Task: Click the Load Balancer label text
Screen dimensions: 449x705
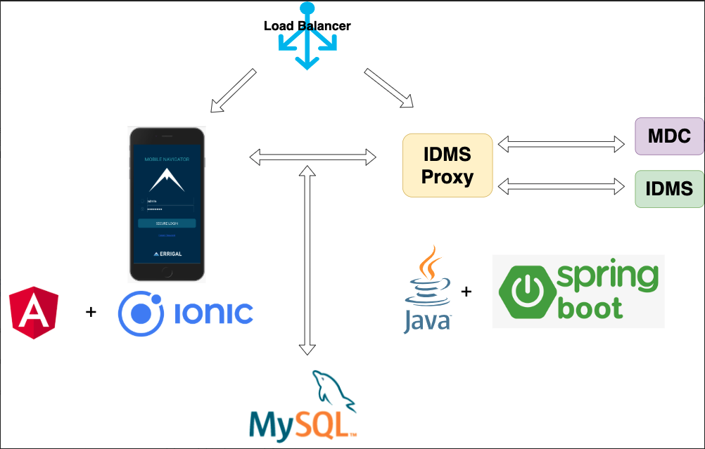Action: [x=307, y=26]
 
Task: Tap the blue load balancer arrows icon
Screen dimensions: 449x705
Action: [x=307, y=49]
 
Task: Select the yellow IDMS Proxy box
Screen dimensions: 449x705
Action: [x=447, y=165]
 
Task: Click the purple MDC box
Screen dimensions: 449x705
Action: [x=668, y=136]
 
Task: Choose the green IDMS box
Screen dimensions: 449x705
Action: [x=669, y=188]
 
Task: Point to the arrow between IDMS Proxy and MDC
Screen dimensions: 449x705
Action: [x=561, y=145]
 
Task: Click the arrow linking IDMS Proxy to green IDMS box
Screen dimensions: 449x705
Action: [x=561, y=186]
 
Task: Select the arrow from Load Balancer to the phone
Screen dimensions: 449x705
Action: [x=233, y=91]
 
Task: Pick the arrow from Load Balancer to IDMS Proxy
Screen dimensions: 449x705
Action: [x=388, y=89]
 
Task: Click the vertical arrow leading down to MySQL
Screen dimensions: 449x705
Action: [x=307, y=260]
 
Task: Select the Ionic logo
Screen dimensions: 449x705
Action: [x=186, y=313]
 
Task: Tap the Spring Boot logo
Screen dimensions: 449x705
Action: [x=578, y=291]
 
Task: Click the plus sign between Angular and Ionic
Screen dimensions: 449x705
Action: [x=90, y=311]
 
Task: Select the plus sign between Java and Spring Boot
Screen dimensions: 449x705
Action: [x=466, y=291]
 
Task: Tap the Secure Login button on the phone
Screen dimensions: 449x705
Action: [x=166, y=223]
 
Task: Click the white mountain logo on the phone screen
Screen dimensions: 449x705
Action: [x=167, y=180]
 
